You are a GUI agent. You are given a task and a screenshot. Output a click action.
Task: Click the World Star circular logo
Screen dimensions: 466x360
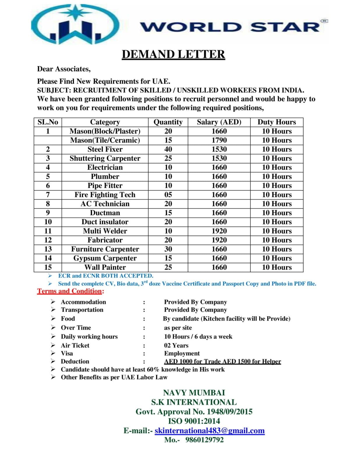click(x=75, y=25)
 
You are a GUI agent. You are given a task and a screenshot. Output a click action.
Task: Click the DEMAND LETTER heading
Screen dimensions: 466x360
click(x=173, y=54)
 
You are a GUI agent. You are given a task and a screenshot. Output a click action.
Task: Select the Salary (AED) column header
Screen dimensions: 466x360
click(x=219, y=122)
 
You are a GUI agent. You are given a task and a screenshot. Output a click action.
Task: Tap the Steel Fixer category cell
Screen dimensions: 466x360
click(x=105, y=149)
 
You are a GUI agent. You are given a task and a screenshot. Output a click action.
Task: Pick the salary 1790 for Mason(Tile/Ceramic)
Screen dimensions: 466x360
click(x=219, y=140)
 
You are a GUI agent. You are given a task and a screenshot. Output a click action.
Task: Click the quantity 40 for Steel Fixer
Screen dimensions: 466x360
click(x=168, y=149)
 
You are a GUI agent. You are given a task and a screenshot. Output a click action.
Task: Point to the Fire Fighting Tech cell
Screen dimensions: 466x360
click(x=105, y=195)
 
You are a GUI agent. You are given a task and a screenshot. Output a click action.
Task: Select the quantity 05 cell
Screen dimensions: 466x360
click(x=168, y=195)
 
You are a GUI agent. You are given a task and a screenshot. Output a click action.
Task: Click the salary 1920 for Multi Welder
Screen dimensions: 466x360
click(x=219, y=231)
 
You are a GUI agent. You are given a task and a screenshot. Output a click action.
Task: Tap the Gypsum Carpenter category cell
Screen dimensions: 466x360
click(x=105, y=258)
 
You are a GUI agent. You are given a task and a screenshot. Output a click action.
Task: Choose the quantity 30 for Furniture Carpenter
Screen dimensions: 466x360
click(x=168, y=249)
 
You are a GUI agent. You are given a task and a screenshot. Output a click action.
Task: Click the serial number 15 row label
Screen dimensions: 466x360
click(x=48, y=267)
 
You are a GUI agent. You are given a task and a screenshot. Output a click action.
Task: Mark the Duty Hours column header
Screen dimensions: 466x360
click(x=276, y=122)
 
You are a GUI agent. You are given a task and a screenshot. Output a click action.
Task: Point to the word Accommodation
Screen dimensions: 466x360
click(x=83, y=302)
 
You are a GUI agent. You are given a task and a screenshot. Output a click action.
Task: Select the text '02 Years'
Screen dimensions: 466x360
click(x=176, y=345)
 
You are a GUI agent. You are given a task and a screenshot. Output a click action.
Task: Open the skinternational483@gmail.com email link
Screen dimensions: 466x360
click(x=209, y=430)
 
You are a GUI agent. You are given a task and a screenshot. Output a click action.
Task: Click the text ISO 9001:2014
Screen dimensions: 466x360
click(x=194, y=421)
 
